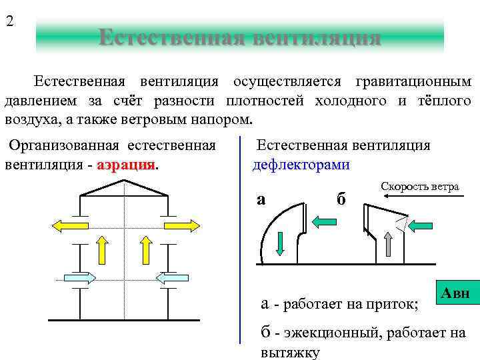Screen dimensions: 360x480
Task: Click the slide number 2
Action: click(x=9, y=21)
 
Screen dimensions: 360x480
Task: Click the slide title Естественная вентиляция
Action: click(x=239, y=37)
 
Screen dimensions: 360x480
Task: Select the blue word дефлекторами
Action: click(x=301, y=165)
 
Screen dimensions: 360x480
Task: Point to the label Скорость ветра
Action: click(x=420, y=187)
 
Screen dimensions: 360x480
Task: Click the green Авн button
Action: click(x=456, y=293)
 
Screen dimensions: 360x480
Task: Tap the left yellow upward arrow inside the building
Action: click(x=103, y=252)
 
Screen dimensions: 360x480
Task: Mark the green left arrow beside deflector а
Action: click(x=327, y=221)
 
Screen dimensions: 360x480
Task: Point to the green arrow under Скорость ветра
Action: click(x=420, y=225)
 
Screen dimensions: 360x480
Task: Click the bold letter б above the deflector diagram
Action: click(x=341, y=199)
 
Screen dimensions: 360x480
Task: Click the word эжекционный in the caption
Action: click(x=327, y=333)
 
